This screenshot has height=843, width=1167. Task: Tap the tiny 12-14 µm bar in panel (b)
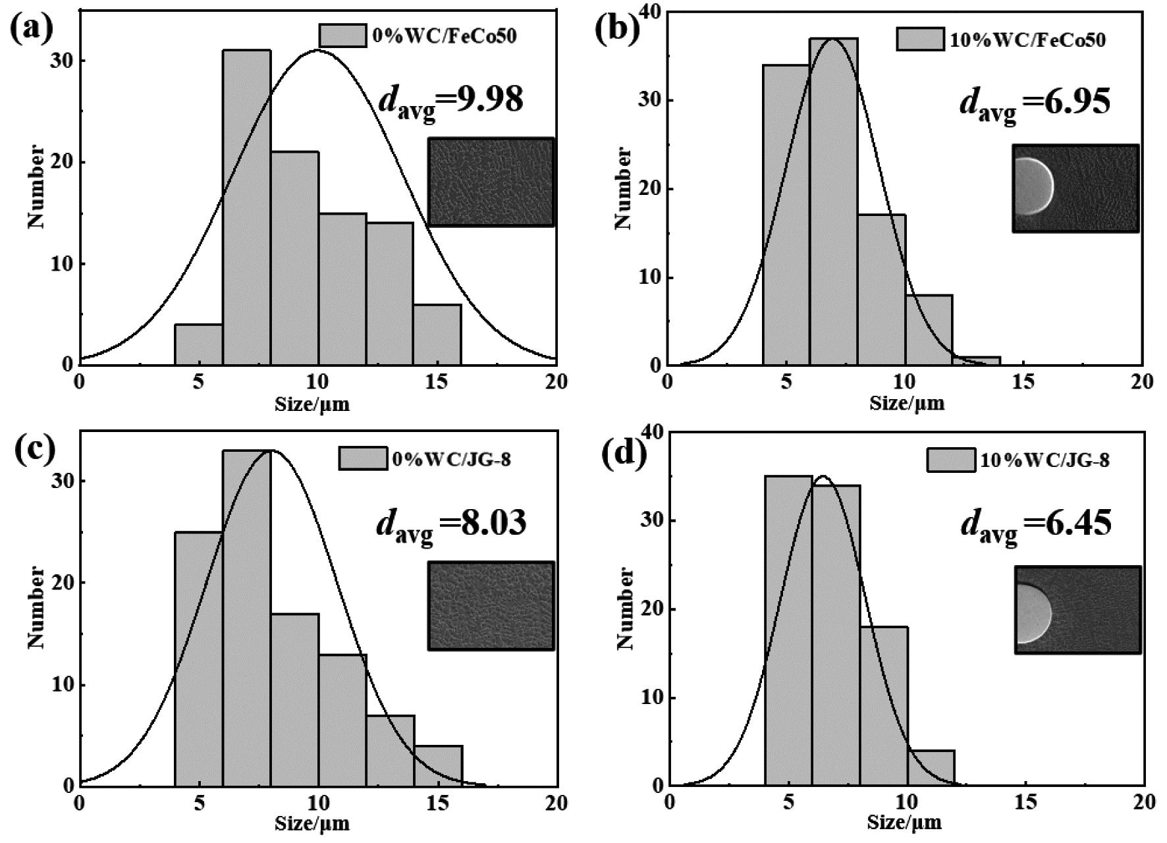tap(976, 360)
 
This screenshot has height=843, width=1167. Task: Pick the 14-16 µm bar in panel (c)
tap(439, 766)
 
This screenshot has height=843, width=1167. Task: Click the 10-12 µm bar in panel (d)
tap(931, 768)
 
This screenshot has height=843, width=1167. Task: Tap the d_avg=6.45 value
tap(1036, 525)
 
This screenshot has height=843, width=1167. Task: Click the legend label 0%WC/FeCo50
tap(445, 36)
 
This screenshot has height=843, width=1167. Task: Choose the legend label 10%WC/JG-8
tap(1045, 460)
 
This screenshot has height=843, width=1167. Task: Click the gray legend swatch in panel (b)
tap(920, 39)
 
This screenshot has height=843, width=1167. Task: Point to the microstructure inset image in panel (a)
tap(491, 182)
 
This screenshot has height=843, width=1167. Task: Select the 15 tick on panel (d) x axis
tap(1025, 803)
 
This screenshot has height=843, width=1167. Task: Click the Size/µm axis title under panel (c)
tap(312, 823)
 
